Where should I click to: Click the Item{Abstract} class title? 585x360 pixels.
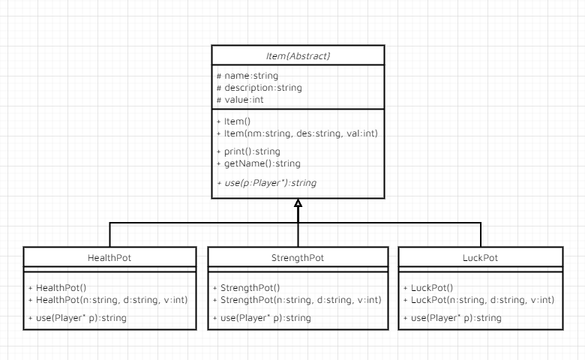[x=298, y=55]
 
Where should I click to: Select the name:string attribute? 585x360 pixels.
[x=247, y=76]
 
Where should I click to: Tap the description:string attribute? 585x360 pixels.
[x=259, y=88]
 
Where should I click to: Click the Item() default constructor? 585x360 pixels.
[x=236, y=121]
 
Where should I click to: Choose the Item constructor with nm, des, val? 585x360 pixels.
[x=296, y=133]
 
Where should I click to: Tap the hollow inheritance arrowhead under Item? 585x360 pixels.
[x=298, y=203]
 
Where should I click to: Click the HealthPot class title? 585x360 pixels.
[x=109, y=258]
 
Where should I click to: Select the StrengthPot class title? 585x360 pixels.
[x=298, y=258]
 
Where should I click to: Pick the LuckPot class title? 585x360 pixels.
[x=480, y=258]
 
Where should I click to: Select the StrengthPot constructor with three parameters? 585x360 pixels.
[x=298, y=299]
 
